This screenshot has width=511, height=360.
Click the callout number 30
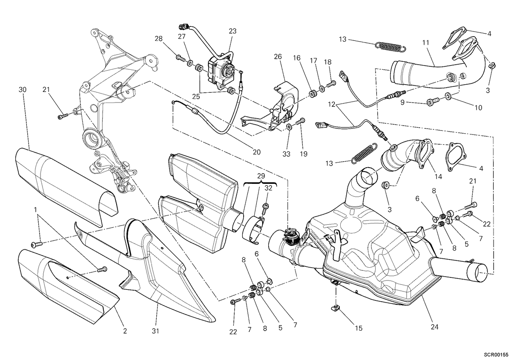(22, 90)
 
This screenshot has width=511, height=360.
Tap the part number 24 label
(435, 327)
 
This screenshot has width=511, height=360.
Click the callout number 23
(233, 31)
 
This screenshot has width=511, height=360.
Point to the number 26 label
(278, 57)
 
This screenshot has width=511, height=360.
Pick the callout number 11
(426, 43)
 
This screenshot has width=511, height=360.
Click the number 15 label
(359, 328)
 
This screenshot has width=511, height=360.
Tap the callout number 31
(155, 331)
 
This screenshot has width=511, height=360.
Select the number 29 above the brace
(261, 176)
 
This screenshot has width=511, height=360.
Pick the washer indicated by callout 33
(289, 126)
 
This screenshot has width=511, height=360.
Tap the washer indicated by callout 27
(190, 63)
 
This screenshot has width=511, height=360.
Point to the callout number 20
(257, 152)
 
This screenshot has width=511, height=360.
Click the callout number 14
(438, 177)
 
